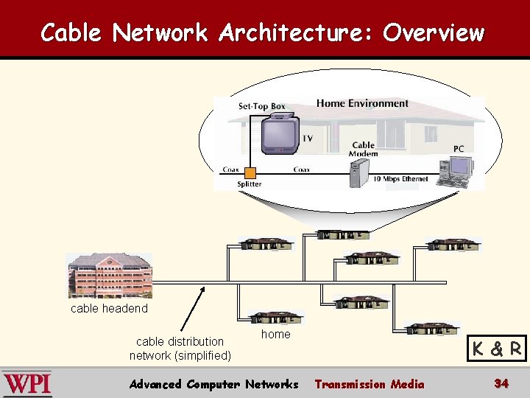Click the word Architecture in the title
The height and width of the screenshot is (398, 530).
[298, 33]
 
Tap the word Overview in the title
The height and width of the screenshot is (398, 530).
[434, 33]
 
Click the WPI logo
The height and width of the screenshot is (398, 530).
[26, 384]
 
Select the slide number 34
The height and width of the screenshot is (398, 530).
[501, 383]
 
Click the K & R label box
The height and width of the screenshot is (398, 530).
[498, 349]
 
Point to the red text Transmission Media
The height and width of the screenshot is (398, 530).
[370, 384]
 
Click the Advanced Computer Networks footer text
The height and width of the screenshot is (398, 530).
[213, 384]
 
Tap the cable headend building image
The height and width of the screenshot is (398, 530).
[109, 275]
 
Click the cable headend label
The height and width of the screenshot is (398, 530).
[109, 308]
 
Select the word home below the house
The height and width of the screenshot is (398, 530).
[276, 334]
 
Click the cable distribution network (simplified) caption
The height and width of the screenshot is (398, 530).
[180, 348]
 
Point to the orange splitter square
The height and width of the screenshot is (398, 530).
[250, 173]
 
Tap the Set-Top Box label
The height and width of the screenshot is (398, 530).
[261, 107]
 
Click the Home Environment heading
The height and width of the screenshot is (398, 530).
[362, 103]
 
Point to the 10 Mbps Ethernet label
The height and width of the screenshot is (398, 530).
[400, 179]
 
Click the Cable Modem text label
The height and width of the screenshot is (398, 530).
[364, 150]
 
